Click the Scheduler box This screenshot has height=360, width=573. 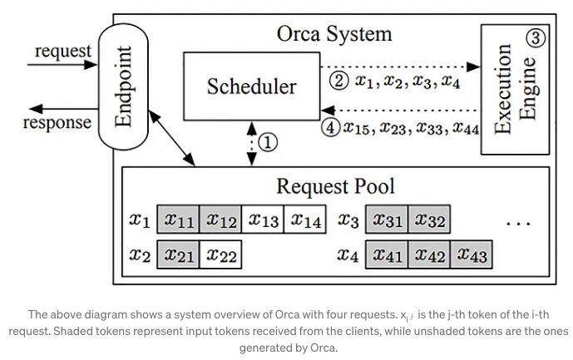click(x=251, y=86)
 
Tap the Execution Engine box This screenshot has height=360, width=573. click(x=516, y=89)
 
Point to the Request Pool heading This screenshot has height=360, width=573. click(x=335, y=186)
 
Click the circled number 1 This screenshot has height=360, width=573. click(x=268, y=142)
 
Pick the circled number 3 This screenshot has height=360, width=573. click(x=537, y=37)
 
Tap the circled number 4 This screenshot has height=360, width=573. click(x=330, y=128)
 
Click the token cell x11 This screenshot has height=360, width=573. click(x=179, y=220)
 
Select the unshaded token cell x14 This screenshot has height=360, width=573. click(x=305, y=220)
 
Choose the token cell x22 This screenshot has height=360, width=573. click(x=221, y=255)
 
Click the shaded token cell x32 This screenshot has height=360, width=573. click(x=429, y=220)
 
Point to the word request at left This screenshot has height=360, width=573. click(x=62, y=51)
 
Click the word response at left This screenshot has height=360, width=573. click(x=57, y=122)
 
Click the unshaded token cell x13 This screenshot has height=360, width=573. click(x=263, y=220)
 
